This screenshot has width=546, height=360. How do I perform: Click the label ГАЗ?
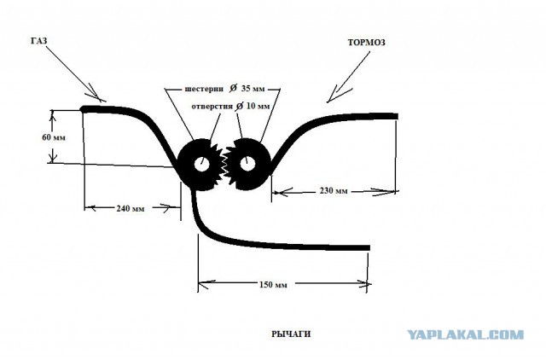38,41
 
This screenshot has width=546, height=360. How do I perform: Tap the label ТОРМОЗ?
366,43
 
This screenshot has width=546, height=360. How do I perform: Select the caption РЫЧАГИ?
291,334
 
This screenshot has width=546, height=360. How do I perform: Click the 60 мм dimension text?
54,137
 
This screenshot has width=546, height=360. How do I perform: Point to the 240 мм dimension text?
131,208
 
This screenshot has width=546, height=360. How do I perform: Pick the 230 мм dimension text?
334,191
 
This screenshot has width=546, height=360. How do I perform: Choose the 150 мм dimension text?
273,284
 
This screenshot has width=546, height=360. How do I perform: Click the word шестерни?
204,89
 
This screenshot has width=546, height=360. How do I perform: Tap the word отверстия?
212,106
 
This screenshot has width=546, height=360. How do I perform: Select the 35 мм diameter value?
253,89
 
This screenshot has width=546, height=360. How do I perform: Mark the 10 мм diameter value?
258,106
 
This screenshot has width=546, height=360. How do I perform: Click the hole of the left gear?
201,165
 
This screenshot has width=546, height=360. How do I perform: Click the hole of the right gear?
247,165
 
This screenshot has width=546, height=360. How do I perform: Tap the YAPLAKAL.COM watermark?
466,335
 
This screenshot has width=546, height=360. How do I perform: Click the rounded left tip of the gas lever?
83,109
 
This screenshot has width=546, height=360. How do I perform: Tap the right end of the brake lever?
397,116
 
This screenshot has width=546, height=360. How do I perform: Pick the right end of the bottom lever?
369,248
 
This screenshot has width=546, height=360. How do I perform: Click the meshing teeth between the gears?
224,164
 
